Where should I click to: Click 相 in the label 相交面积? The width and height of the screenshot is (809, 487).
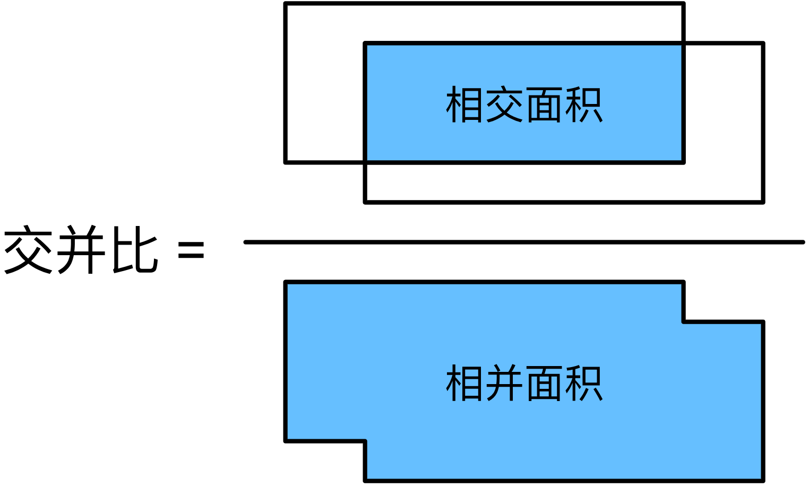pyautogui.click(x=464, y=105)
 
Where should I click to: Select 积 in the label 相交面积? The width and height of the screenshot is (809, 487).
pyautogui.click(x=584, y=105)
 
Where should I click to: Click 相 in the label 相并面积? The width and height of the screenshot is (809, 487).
pyautogui.click(x=464, y=383)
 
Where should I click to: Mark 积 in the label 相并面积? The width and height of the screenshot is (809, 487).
pyautogui.click(x=584, y=383)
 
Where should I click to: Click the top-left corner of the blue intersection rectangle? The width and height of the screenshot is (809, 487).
pyautogui.click(x=365, y=44)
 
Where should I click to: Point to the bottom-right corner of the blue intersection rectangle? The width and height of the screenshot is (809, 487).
pyautogui.click(x=683, y=162)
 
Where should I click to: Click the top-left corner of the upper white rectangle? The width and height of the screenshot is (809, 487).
pyautogui.click(x=286, y=4)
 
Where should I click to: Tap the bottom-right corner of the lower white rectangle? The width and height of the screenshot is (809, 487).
pyautogui.click(x=763, y=202)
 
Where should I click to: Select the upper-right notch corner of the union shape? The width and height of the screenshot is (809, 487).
pyautogui.click(x=683, y=321)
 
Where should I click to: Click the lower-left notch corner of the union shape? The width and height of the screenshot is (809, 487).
pyautogui.click(x=365, y=440)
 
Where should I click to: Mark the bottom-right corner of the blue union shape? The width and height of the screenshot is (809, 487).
pyautogui.click(x=763, y=480)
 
